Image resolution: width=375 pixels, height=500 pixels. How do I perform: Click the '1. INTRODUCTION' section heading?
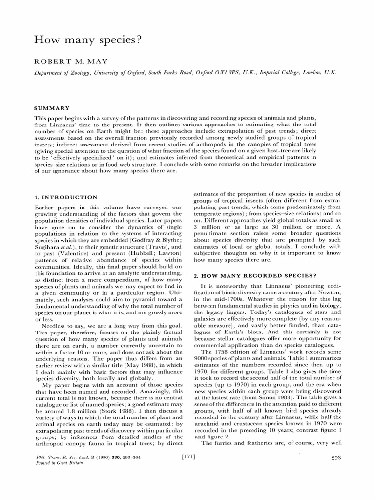(66, 197)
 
